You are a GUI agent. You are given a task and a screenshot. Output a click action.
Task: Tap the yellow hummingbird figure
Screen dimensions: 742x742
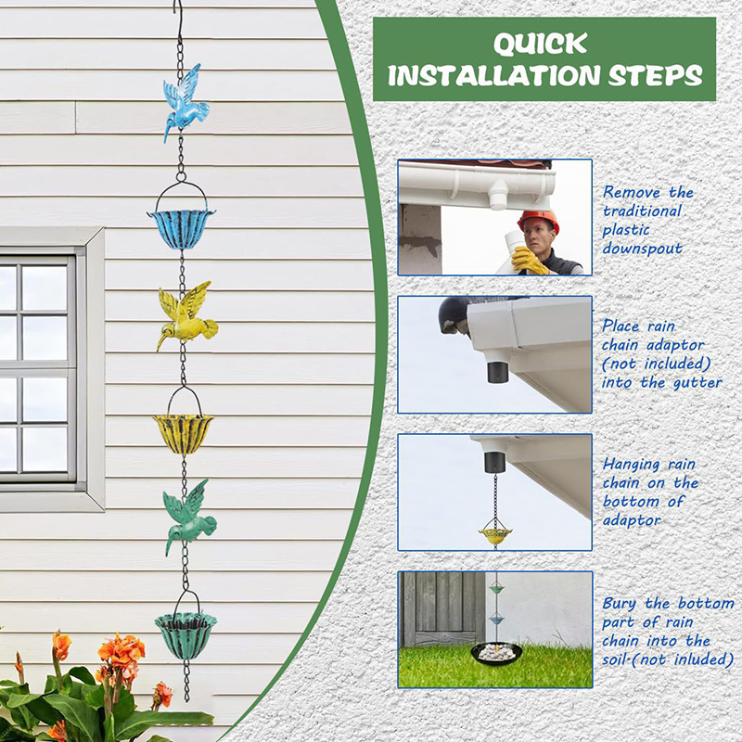pyautogui.click(x=187, y=317)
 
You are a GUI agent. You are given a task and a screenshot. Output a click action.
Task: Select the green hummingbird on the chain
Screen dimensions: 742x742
pyautogui.click(x=189, y=518)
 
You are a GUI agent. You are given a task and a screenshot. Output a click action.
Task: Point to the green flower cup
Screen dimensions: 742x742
pyautogui.click(x=185, y=635)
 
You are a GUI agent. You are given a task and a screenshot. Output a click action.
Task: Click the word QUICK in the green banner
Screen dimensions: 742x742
pyautogui.click(x=541, y=44)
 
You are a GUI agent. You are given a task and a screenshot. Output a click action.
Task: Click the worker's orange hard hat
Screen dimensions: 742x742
pyautogui.click(x=539, y=221)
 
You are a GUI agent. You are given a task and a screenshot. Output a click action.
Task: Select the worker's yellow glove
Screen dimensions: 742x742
pyautogui.click(x=529, y=261)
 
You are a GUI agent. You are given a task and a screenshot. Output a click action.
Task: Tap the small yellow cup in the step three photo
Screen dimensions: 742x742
pyautogui.click(x=495, y=535)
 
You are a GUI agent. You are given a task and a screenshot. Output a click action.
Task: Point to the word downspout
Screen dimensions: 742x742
pyautogui.click(x=642, y=249)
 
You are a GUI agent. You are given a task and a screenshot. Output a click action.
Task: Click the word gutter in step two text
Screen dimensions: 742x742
pyautogui.click(x=697, y=382)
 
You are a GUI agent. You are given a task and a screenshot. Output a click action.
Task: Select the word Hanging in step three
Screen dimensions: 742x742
pyautogui.click(x=632, y=465)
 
